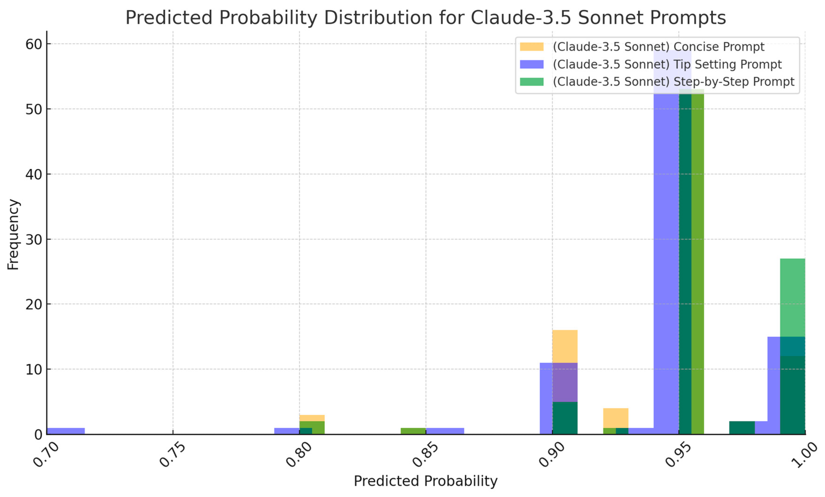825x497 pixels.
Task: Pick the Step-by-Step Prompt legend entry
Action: pyautogui.click(x=673, y=82)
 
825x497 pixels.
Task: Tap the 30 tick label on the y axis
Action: pyautogui.click(x=33, y=240)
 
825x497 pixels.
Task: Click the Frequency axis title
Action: pyautogui.click(x=13, y=234)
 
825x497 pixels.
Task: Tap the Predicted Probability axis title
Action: pyautogui.click(x=425, y=481)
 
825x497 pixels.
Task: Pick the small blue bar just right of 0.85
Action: pyautogui.click(x=445, y=431)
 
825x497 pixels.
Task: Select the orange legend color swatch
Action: pyautogui.click(x=531, y=47)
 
